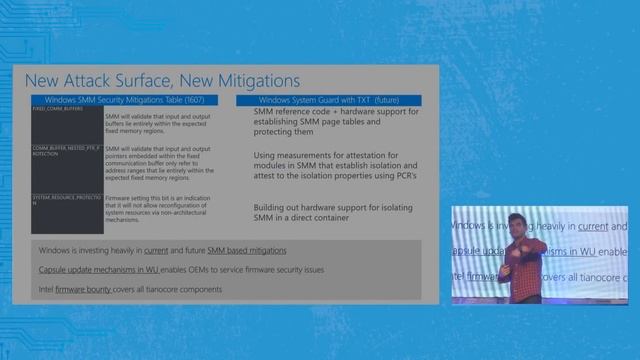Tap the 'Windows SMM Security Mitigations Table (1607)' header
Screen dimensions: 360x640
pyautogui.click(x=126, y=101)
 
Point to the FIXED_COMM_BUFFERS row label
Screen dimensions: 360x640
pyautogui.click(x=54, y=110)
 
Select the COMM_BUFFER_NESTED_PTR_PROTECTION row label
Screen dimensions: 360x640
pyautogui.click(x=66, y=151)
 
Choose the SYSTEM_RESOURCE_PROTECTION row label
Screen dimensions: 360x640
pyautogui.click(x=66, y=201)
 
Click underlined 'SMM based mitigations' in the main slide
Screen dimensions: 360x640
pyautogui.click(x=247, y=250)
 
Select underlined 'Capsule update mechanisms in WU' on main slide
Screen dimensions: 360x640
pyautogui.click(x=98, y=270)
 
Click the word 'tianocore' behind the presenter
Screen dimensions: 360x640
pyautogui.click(x=594, y=269)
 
